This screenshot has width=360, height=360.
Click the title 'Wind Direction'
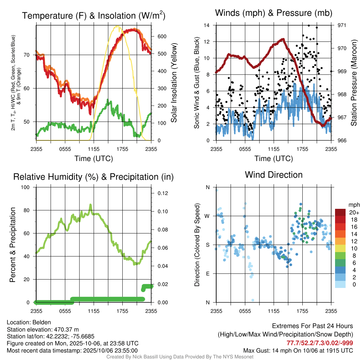pos(274,175)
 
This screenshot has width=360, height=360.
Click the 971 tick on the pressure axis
pos(342,25)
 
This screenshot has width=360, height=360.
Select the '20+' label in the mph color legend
pos(354,212)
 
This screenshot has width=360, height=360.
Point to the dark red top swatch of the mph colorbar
pos(341,212)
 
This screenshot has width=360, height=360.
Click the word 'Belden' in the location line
pos(41,322)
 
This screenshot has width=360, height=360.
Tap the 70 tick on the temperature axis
pos(27,55)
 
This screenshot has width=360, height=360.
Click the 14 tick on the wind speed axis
pos(207,25)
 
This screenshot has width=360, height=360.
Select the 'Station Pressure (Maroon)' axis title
pos(354,83)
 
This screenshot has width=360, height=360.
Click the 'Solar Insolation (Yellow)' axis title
pos(174,83)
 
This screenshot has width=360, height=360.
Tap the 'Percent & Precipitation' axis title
pos(13,245)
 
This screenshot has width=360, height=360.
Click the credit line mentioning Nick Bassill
pos(180,357)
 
